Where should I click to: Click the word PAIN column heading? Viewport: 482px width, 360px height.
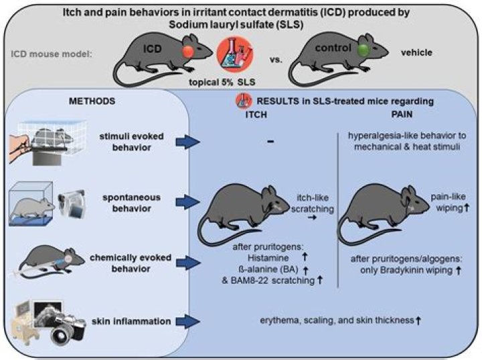tap(406, 114)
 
